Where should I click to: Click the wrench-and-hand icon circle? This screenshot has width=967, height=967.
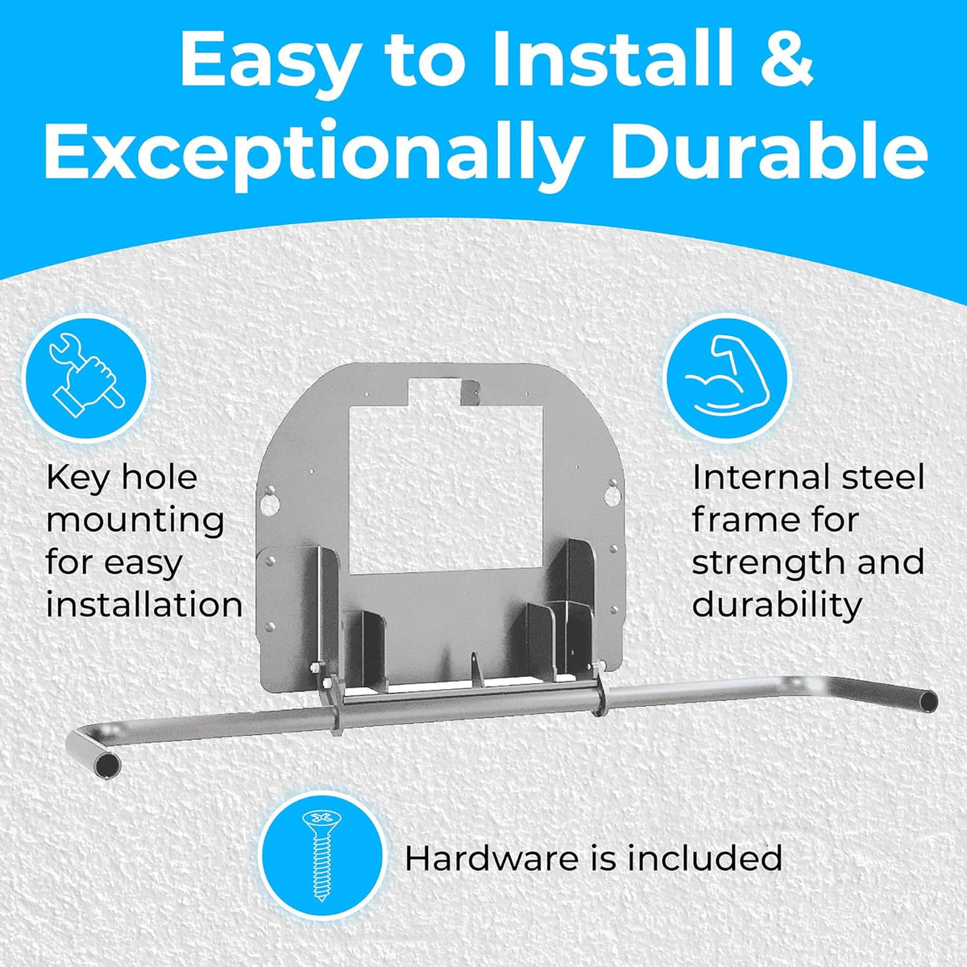click(87, 377)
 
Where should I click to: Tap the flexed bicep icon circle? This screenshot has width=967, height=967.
click(727, 377)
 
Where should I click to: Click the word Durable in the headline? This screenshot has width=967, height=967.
click(767, 148)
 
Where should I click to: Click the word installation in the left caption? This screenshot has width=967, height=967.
click(144, 604)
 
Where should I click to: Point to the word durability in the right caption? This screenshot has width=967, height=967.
click(778, 606)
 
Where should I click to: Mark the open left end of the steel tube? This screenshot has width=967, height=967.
click(108, 767)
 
